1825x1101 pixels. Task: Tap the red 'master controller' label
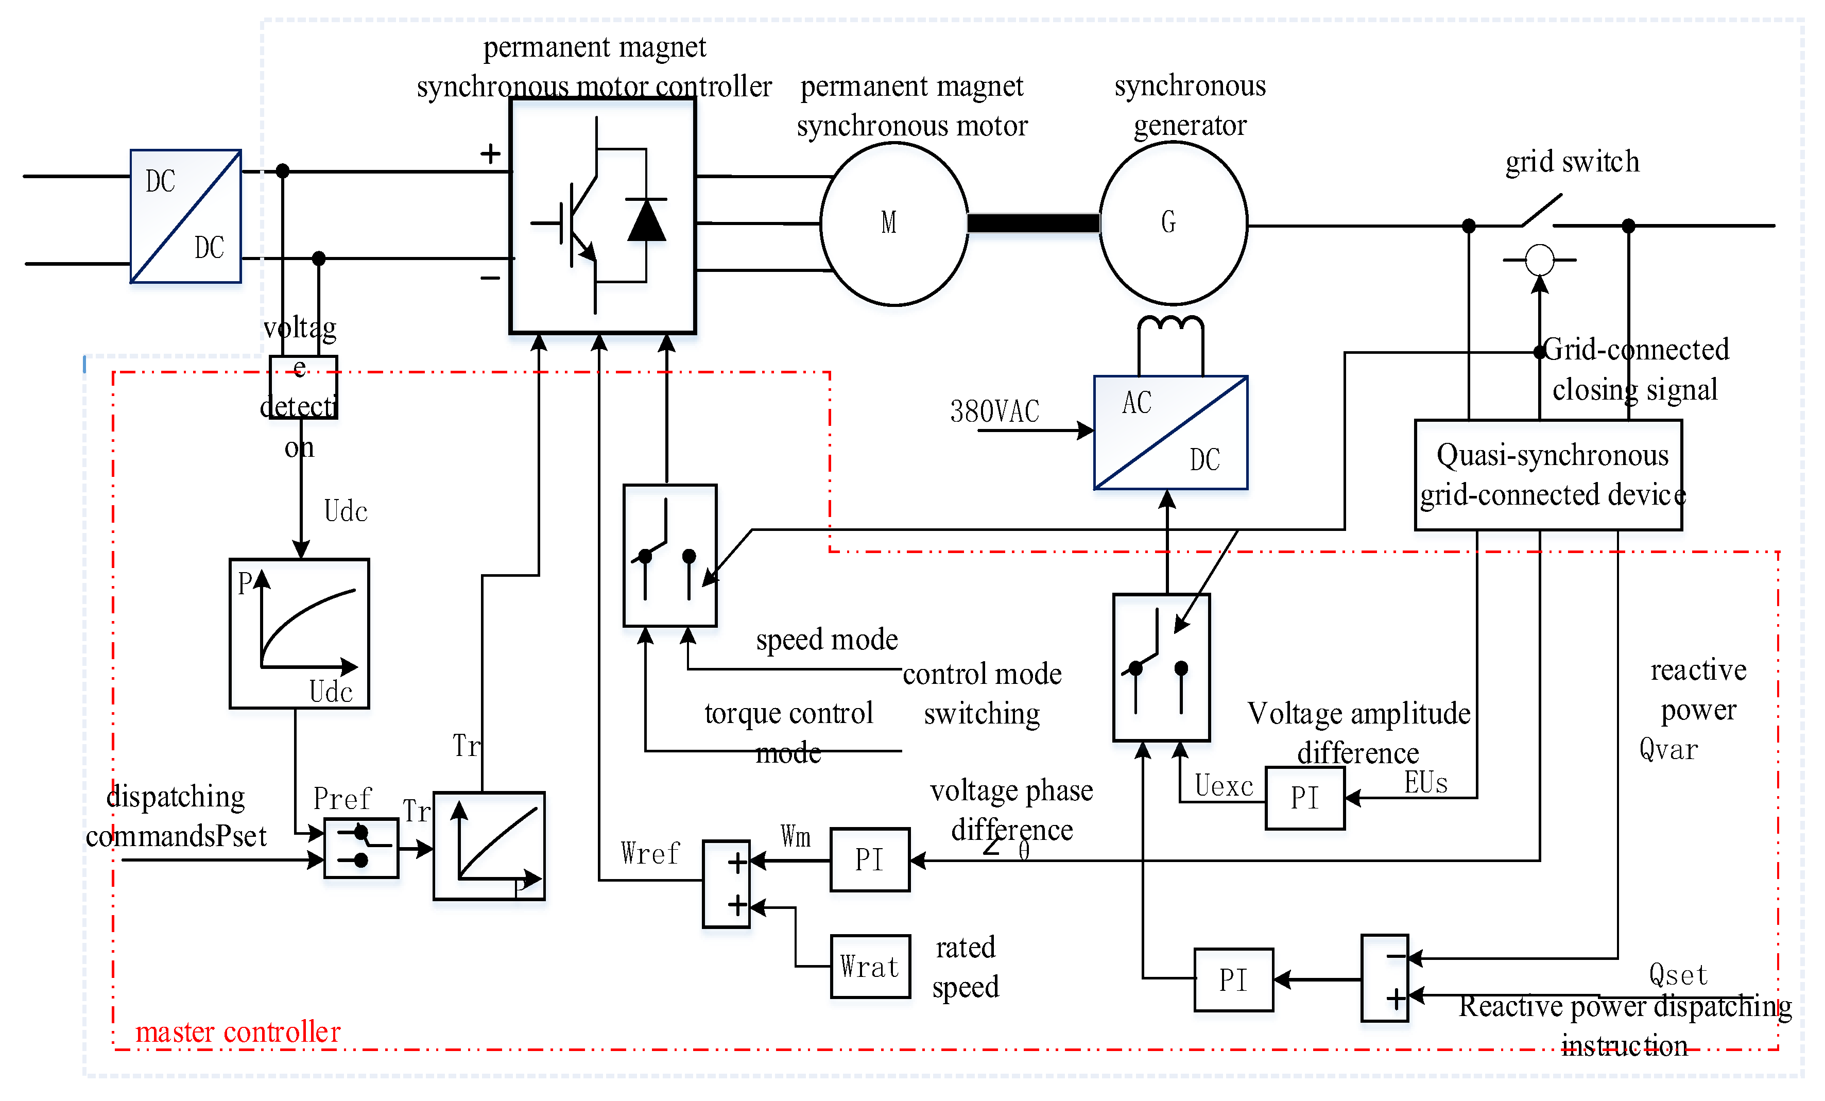(x=238, y=1032)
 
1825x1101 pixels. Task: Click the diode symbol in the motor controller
(x=647, y=219)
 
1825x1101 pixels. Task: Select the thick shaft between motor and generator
(x=1034, y=223)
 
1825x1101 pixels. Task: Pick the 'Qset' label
(x=1678, y=975)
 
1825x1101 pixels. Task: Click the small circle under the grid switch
(x=1540, y=260)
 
